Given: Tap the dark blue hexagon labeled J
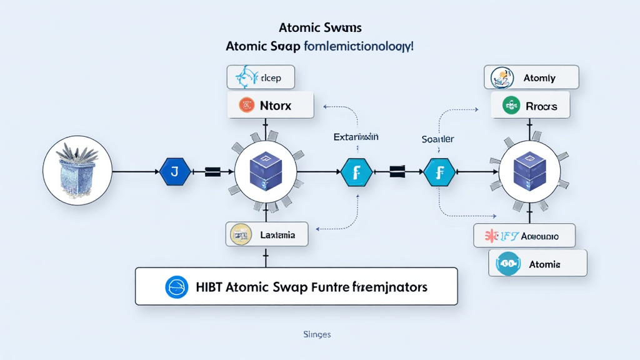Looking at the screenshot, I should pos(176,171).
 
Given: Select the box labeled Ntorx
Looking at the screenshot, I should pos(270,106).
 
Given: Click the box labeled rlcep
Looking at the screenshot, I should pos(260,78).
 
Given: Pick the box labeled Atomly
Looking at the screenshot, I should pos(531,77).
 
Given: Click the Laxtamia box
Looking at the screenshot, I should pos(269,235).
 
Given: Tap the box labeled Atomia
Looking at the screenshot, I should pos(537,264).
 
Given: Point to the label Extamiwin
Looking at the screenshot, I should pos(356,136).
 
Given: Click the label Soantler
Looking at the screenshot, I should pos(437,139).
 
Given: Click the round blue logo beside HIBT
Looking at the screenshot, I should pos(176,287).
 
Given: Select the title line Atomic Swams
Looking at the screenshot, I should pos(320,28).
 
